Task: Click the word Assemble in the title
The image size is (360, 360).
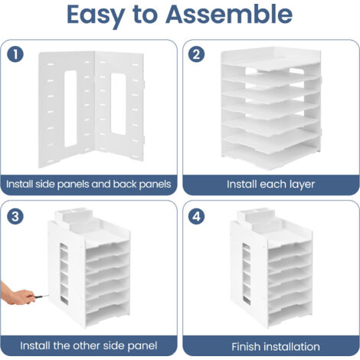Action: pyautogui.click(x=229, y=14)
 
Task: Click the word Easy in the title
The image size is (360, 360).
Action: pyautogui.click(x=96, y=17)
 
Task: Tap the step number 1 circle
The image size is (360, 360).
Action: pyautogui.click(x=15, y=54)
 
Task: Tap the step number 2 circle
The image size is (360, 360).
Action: pyautogui.click(x=196, y=54)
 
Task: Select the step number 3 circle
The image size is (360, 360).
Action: pyautogui.click(x=15, y=217)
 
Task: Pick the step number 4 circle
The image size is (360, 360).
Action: pyautogui.click(x=196, y=217)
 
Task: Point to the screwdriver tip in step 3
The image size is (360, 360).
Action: pyautogui.click(x=48, y=296)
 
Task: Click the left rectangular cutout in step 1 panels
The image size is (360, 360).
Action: pyautogui.click(x=70, y=109)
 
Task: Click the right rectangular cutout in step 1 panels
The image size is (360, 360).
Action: pyautogui.click(x=118, y=103)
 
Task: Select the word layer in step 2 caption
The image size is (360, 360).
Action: pyautogui.click(x=303, y=185)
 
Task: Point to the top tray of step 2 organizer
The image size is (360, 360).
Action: pyautogui.click(x=271, y=59)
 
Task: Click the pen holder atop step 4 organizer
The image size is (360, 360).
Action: pyautogui.click(x=256, y=216)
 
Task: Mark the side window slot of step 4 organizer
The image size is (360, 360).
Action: pyautogui.click(x=247, y=274)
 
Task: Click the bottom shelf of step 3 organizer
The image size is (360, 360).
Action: pyautogui.click(x=107, y=316)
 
